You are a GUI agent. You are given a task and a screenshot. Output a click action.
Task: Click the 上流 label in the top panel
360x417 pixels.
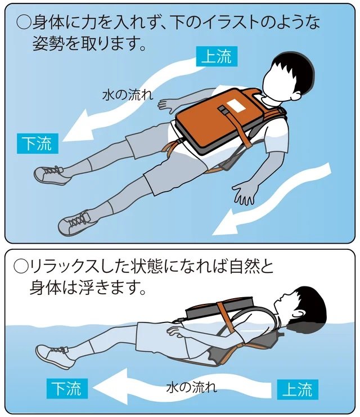click(x=216, y=57)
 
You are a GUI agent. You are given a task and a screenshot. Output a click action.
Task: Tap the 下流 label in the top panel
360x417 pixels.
click(x=37, y=144)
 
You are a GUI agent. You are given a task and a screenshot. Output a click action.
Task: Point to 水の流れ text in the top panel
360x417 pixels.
click(x=127, y=93)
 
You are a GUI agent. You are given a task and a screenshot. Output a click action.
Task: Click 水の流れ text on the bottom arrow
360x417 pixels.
click(x=191, y=388)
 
